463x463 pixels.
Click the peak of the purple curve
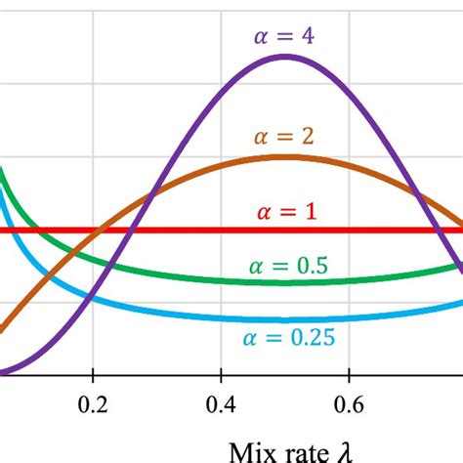point(285,57)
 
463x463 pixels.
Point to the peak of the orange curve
point(285,157)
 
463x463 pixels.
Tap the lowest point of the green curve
point(285,282)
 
